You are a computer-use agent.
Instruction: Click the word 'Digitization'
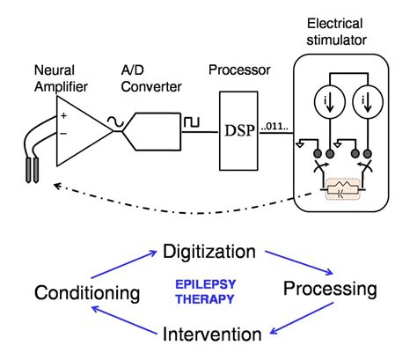click(209, 253)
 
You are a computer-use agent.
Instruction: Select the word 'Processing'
click(330, 290)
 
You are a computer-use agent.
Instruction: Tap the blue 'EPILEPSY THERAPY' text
click(209, 292)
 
